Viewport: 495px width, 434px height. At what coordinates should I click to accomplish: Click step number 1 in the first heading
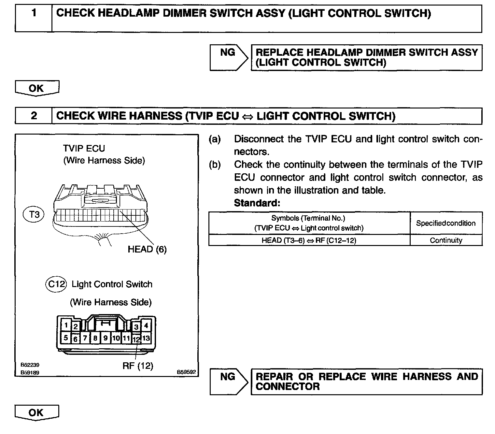(x=34, y=14)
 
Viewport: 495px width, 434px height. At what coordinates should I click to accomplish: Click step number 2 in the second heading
(x=34, y=116)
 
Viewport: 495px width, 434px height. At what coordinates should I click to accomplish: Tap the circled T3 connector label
(x=34, y=214)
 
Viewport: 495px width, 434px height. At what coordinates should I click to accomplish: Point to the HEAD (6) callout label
(x=147, y=250)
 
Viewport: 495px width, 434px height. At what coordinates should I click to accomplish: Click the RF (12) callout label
(x=137, y=366)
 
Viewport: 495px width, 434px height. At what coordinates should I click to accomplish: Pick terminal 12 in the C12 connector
(x=136, y=339)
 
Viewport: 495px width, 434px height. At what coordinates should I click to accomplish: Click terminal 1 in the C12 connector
(x=66, y=325)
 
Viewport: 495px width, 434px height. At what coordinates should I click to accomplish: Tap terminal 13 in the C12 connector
(x=146, y=338)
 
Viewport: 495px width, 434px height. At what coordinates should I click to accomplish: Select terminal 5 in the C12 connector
(x=66, y=338)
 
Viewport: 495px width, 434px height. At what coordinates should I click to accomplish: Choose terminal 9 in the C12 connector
(x=105, y=338)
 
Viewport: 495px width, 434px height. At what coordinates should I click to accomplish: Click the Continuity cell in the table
(x=446, y=240)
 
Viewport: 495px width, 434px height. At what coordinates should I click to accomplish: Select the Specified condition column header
(x=446, y=223)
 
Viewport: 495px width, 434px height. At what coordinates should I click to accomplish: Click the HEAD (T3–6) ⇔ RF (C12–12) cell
(x=309, y=240)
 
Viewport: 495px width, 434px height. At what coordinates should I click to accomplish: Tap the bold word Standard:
(x=257, y=203)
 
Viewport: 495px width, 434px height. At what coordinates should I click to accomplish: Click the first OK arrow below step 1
(x=37, y=88)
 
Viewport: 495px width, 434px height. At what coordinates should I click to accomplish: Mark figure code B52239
(x=30, y=365)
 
